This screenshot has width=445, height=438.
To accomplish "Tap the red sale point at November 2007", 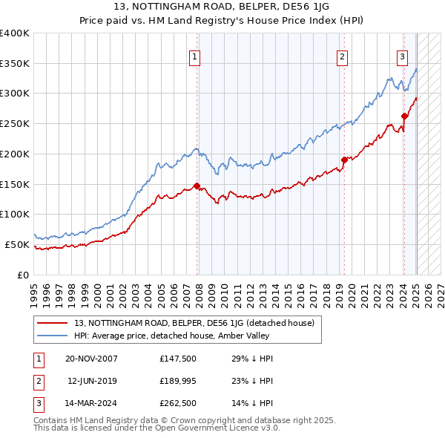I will pyautogui.click(x=197, y=186).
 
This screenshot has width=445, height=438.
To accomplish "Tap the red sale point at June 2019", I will pyautogui.click(x=344, y=160).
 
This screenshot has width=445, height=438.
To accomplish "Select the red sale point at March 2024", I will pyautogui.click(x=405, y=116).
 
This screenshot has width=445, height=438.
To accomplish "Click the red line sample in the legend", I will pyautogui.click(x=52, y=323).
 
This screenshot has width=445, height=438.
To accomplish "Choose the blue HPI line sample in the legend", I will pyautogui.click(x=52, y=336).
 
